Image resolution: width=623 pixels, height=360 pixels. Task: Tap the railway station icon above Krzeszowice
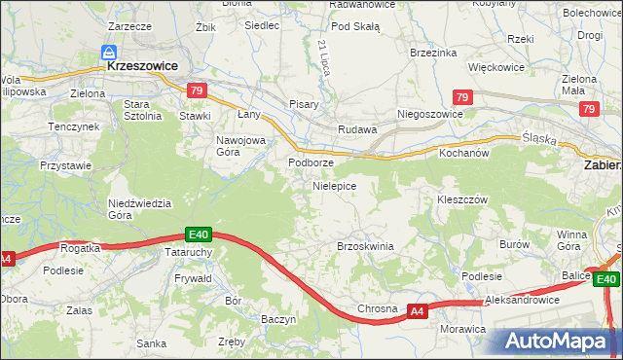(x=110, y=53)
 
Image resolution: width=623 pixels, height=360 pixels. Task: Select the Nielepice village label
(x=334, y=185)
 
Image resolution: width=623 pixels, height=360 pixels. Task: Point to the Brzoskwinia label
(x=365, y=246)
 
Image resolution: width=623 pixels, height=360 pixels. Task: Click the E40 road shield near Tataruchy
(x=199, y=234)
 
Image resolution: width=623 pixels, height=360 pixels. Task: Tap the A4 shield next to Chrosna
(x=417, y=311)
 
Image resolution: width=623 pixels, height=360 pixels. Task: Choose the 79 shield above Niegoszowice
(x=463, y=97)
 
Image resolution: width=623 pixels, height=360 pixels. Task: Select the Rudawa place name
(x=356, y=129)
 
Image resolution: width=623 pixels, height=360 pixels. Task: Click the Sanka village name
(x=152, y=342)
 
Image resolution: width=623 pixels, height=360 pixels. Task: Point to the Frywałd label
(x=192, y=277)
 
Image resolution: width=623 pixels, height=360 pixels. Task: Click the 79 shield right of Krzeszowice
(x=198, y=90)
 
